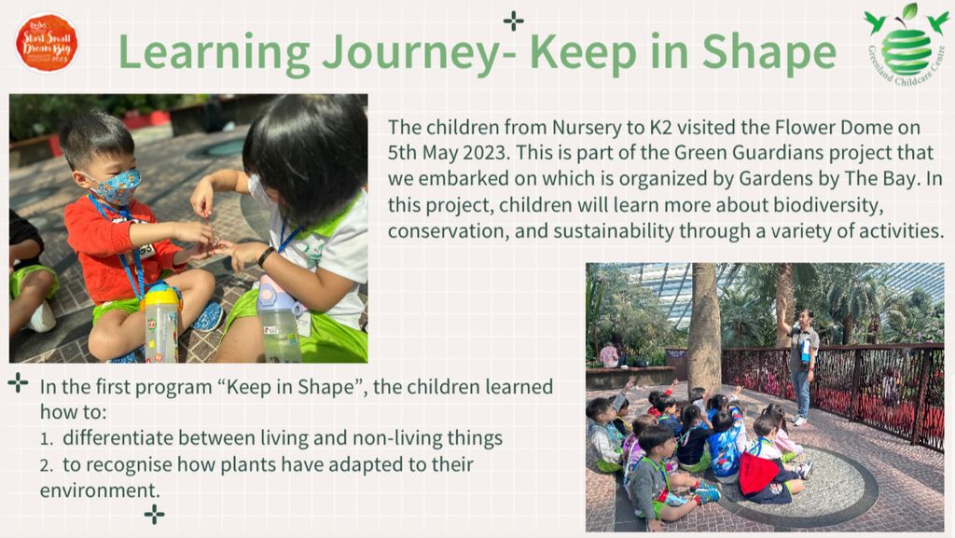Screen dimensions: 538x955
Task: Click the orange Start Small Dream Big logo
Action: click(47, 42)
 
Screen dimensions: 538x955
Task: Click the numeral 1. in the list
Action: click(46, 437)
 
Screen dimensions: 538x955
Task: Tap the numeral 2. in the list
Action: click(47, 463)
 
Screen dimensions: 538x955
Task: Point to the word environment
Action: click(92, 490)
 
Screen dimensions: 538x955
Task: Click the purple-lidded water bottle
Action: click(279, 317)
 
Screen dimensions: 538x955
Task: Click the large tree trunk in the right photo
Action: click(704, 326)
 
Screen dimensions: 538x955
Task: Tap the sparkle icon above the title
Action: click(513, 20)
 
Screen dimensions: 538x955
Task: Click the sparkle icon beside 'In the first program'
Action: click(18, 382)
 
